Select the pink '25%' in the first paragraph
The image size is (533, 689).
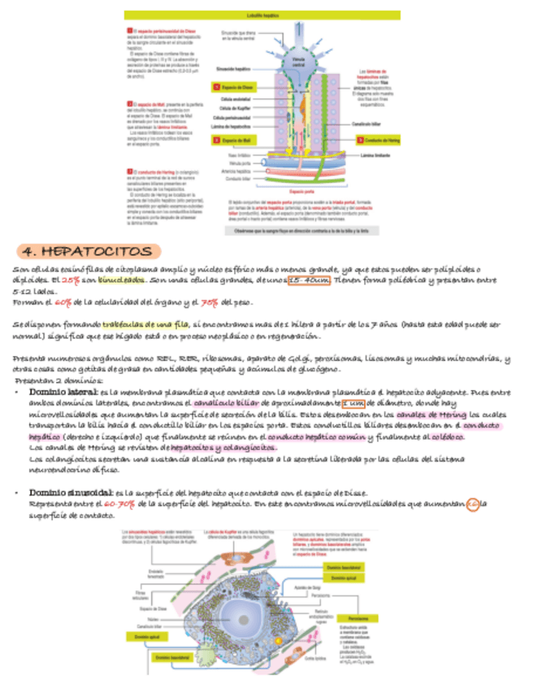71,280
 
